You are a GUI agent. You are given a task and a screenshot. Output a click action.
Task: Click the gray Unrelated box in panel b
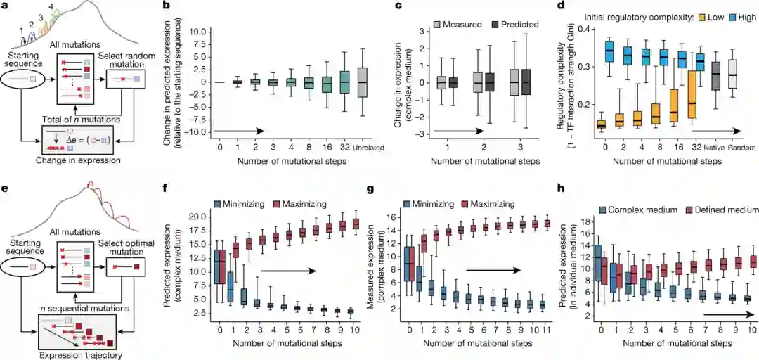pyautogui.click(x=362, y=82)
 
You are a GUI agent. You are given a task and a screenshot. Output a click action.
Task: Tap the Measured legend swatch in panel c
pyautogui.click(x=417, y=25)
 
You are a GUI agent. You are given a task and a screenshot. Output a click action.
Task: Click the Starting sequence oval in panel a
pyautogui.click(x=28, y=89)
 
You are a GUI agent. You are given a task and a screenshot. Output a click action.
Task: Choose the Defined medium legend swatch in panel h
pyautogui.click(x=687, y=210)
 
